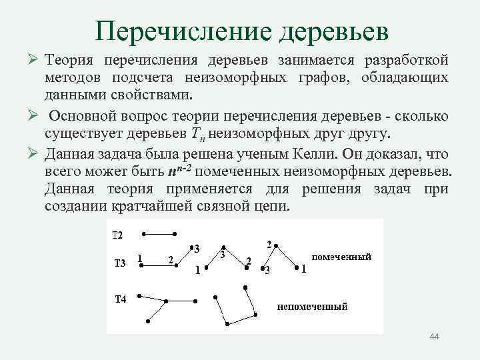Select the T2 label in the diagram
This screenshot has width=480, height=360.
click(x=117, y=235)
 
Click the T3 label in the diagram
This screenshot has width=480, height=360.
click(x=119, y=263)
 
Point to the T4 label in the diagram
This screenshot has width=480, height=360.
click(x=119, y=299)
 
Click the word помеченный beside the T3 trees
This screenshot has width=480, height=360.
click(x=341, y=257)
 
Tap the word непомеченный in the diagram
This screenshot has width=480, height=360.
click(x=313, y=307)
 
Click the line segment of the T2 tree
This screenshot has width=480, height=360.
click(x=159, y=234)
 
